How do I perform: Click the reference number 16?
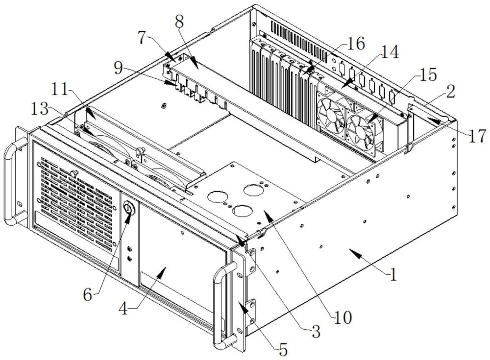356,44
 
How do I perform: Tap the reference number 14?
390,52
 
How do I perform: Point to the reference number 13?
40,110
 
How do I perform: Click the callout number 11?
60,90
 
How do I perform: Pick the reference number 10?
343,318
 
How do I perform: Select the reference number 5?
283,350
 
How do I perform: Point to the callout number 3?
316,332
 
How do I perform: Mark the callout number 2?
450,92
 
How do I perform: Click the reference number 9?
119,69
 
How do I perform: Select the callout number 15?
427,74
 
